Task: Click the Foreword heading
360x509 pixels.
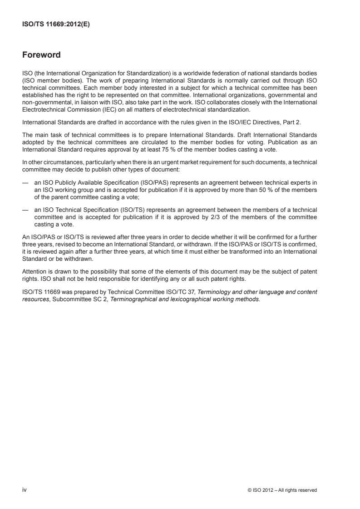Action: click(x=41, y=55)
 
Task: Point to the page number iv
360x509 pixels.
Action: click(x=25, y=489)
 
